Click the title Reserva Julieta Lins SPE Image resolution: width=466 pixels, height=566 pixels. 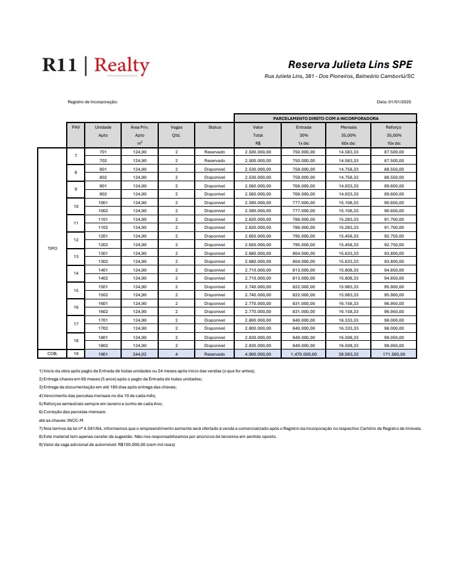click(350, 64)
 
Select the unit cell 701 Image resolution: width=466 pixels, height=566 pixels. click(103, 152)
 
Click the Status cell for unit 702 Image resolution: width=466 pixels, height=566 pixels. click(214, 160)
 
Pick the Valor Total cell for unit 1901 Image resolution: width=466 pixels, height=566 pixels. click(258, 354)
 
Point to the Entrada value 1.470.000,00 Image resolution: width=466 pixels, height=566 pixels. click(303, 354)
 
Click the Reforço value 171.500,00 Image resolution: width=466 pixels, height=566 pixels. click(394, 354)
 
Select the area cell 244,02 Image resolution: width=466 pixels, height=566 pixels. click(140, 354)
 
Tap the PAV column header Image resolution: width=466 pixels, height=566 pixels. click(76, 127)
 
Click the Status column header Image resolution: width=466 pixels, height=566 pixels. click(214, 127)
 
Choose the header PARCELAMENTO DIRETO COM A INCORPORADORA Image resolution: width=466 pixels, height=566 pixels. click(326, 118)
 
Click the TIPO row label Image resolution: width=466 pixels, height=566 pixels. click(53, 249)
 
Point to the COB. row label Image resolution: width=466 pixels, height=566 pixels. click(53, 354)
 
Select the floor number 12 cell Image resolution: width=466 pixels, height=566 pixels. click(76, 240)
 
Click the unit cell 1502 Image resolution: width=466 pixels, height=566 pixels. click(103, 295)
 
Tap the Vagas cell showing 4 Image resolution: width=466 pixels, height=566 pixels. click(176, 354)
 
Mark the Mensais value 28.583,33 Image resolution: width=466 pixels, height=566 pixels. click(349, 354)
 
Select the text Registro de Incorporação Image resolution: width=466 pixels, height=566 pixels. click(92, 102)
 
